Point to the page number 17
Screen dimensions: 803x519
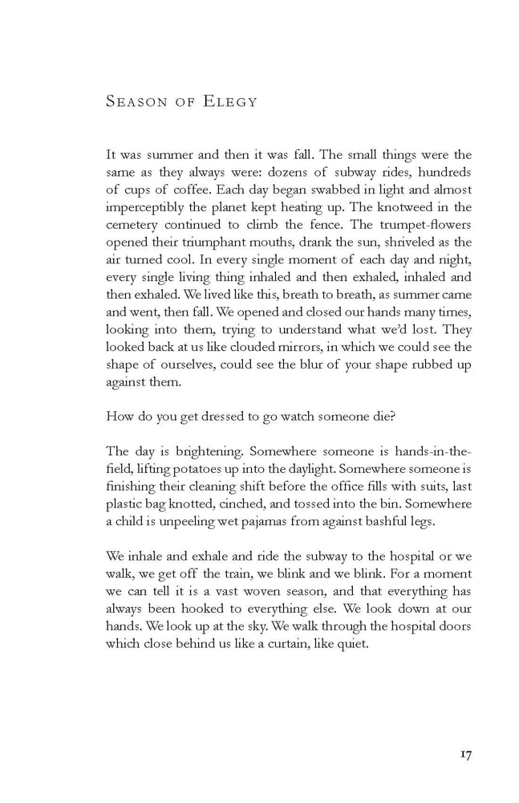[x=464, y=755]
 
